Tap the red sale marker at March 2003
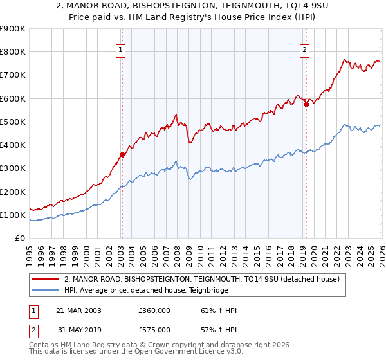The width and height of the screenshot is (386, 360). [x=122, y=154]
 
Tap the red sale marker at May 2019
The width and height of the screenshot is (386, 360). [x=306, y=105]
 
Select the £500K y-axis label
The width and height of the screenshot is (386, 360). [x=13, y=122]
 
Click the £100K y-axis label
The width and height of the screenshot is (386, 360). [x=13, y=215]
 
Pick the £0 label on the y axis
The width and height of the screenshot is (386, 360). [x=19, y=238]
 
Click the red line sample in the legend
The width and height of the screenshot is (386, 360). [x=46, y=279]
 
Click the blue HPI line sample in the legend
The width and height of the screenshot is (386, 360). [x=46, y=290]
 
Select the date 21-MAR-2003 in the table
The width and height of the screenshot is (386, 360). [x=78, y=310]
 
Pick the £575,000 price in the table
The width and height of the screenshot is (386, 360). [x=154, y=330]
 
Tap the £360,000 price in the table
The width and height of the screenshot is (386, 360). [x=154, y=310]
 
